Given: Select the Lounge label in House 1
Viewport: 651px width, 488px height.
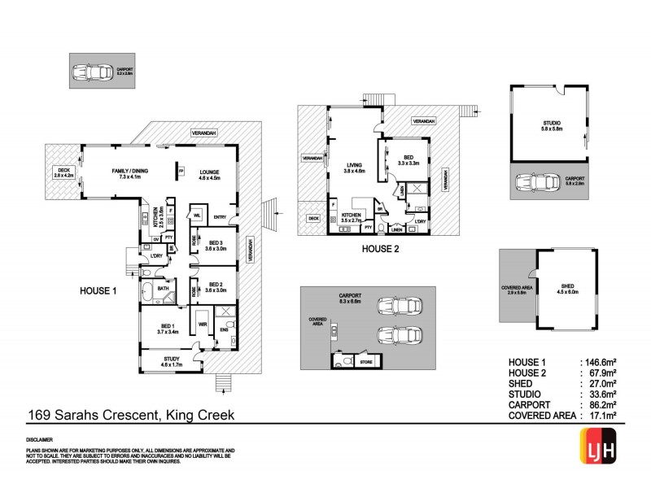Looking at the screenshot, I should pyautogui.click(x=210, y=171).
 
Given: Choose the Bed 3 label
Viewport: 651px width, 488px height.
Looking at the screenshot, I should pyautogui.click(x=215, y=243).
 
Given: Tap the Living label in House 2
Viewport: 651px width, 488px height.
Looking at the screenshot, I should pyautogui.click(x=353, y=167).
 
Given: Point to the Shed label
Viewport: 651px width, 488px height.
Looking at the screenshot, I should pyautogui.click(x=567, y=286).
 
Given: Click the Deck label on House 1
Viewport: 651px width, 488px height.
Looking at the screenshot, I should pyautogui.click(x=63, y=171).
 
